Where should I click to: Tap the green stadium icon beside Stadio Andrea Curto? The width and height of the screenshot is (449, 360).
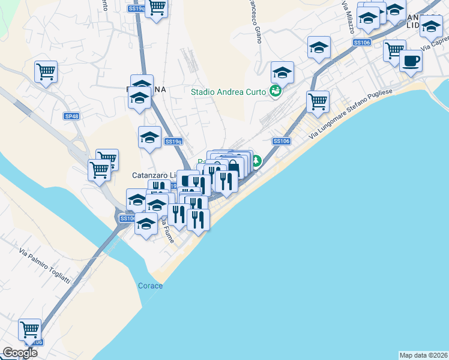point(275,91)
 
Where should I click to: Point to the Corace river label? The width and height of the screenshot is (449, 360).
point(150,286)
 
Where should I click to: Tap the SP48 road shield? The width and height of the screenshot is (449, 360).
point(71,116)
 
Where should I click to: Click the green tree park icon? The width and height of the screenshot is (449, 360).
point(256,160)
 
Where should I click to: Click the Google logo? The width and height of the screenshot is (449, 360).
point(20,353)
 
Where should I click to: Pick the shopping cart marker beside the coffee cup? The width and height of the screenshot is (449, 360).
point(394,50)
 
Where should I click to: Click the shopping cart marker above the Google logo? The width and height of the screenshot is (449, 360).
point(29,329)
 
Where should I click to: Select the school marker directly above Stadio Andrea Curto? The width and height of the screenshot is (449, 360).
point(282,73)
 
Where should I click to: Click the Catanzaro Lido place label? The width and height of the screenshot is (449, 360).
point(152,175)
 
